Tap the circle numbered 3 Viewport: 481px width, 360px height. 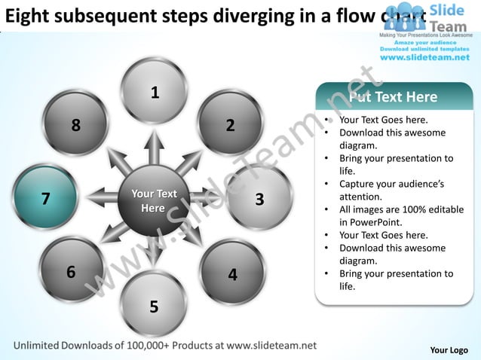pos(259,198)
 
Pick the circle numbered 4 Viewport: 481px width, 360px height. pos(232,273)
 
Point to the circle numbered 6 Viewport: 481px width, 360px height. pos(72,271)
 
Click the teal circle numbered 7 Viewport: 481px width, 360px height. pos(45,197)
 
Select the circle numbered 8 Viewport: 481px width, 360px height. pos(75,124)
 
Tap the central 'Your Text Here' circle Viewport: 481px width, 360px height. pos(154,200)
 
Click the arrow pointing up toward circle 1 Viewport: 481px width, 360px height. pos(154,147)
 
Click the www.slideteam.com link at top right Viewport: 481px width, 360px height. pos(426,57)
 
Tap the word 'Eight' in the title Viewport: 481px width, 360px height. pos(29,16)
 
